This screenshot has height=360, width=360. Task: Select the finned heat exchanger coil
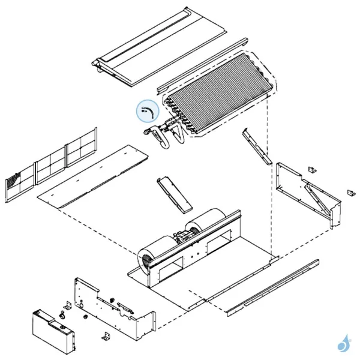[x=219, y=93]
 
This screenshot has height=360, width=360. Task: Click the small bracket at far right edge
[x=350, y=193]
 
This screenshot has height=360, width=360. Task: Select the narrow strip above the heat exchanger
[x=204, y=67]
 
